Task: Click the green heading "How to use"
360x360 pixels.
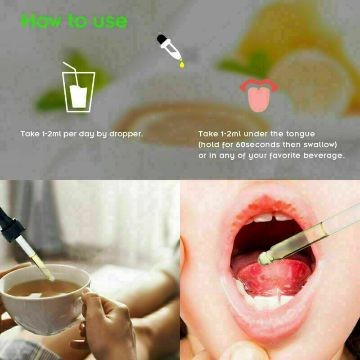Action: (74, 21)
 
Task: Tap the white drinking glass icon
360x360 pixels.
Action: (78, 92)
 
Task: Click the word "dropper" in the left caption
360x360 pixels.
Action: (126, 134)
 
